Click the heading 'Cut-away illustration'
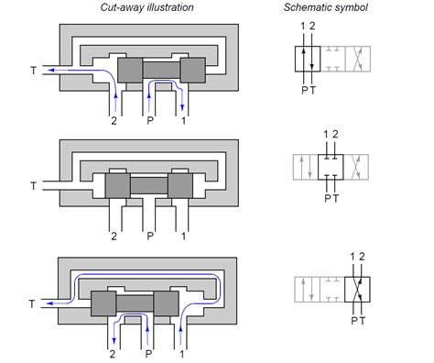click(146, 7)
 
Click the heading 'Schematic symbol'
click(326, 7)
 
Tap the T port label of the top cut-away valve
click(34, 71)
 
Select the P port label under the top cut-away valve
click(150, 121)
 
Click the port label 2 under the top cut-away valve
click(114, 121)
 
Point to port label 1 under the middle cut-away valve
click(183, 236)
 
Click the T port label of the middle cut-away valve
click(34, 186)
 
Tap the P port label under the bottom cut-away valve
click(148, 354)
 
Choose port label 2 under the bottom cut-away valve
click(113, 354)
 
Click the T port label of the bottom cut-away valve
click(32, 303)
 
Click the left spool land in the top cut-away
click(130, 71)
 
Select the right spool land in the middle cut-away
click(180, 186)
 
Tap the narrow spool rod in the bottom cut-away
click(135, 303)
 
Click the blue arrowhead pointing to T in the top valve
click(51, 71)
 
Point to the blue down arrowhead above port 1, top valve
click(182, 107)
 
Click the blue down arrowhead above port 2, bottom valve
click(114, 340)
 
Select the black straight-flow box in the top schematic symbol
click(308, 59)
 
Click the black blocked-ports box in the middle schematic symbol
click(331, 167)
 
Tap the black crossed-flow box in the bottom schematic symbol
click(357, 290)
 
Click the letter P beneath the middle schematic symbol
click(327, 199)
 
